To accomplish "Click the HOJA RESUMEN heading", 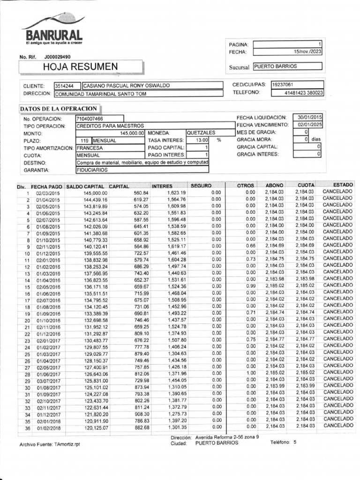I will [81, 67].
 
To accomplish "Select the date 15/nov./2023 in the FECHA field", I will [307, 52].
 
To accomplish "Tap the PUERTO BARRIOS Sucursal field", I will [287, 67].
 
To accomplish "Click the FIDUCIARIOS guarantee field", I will [92, 170].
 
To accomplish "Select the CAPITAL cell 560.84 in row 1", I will [141, 193].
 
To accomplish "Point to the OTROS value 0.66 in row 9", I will [251, 246].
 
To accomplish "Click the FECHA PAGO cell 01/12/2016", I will [49, 333].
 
